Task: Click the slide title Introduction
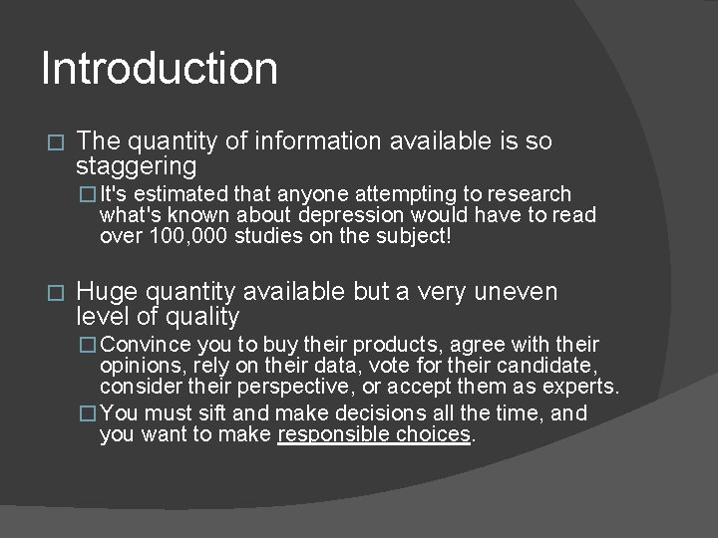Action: click(160, 69)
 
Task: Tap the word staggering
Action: click(137, 166)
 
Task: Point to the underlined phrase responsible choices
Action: click(374, 434)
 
